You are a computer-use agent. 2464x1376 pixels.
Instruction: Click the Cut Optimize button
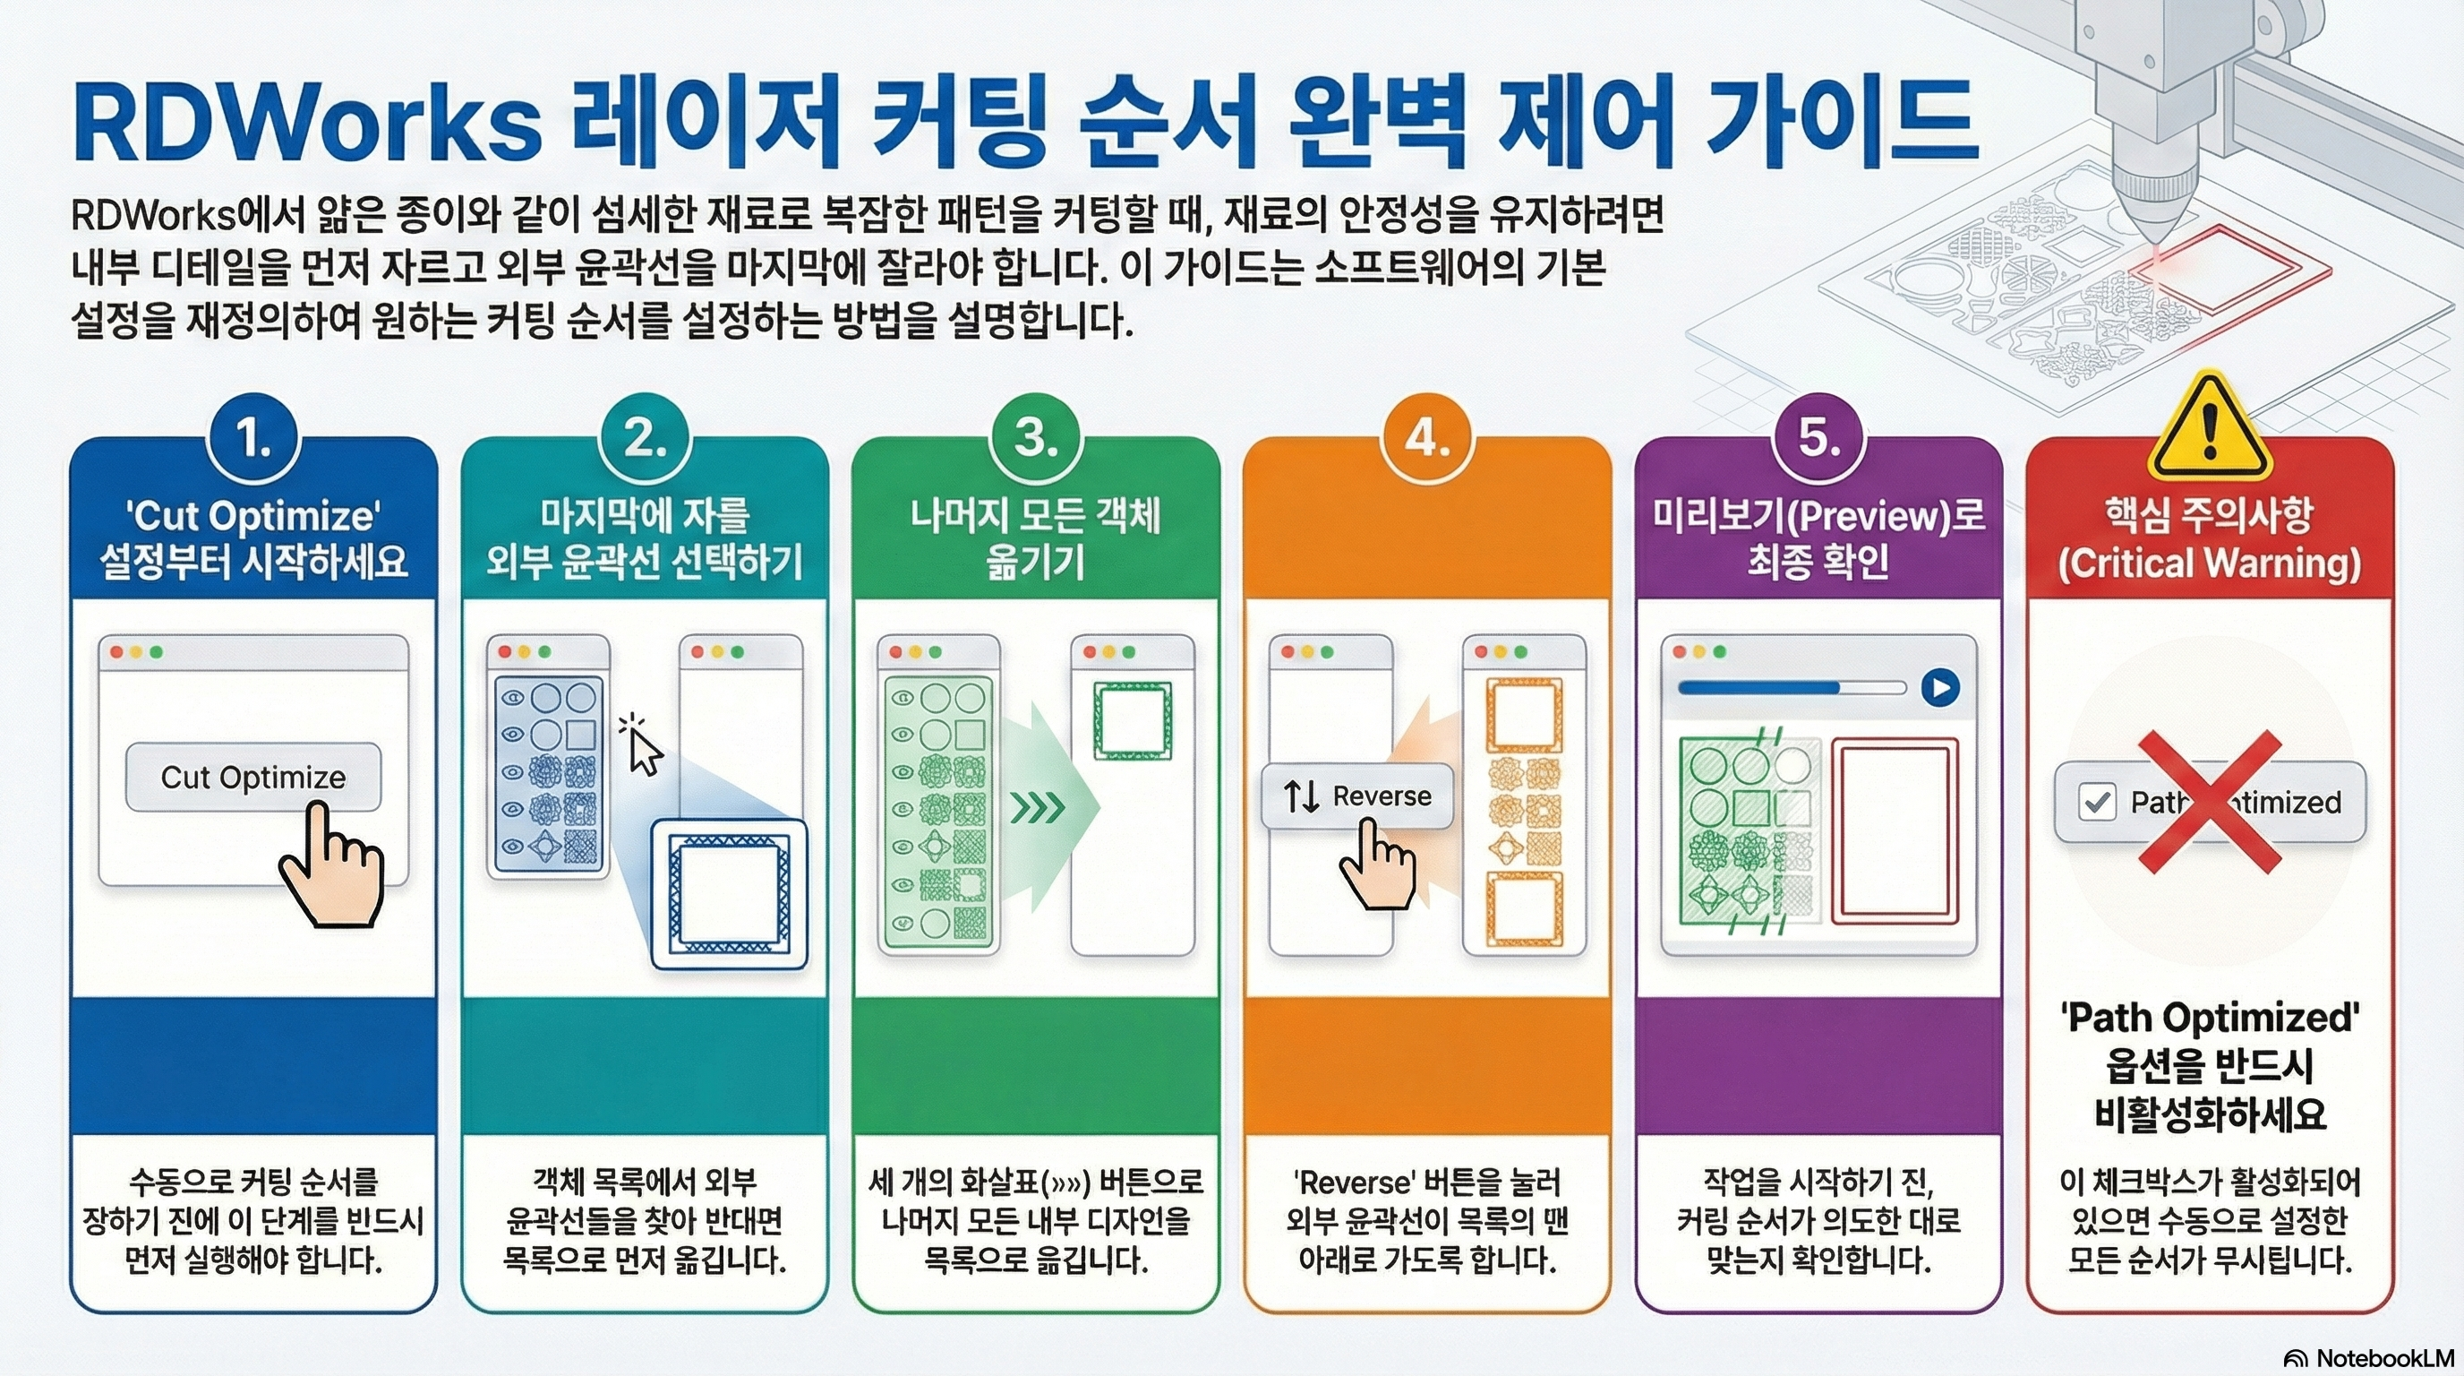253,777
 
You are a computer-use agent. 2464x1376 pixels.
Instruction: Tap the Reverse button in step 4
1357,795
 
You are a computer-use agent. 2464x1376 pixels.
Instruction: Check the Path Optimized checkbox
2097,802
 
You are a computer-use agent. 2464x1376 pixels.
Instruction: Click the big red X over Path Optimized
2210,802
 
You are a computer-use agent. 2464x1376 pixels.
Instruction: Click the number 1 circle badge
253,439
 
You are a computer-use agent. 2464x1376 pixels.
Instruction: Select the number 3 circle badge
1036,439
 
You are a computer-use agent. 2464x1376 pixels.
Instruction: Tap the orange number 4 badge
1427,439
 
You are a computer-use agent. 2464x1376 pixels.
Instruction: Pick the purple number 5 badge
1818,439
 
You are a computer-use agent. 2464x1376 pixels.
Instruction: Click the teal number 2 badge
645,439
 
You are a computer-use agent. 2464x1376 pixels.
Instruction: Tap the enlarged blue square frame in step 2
729,895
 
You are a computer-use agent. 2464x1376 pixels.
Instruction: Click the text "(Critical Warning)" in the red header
2210,563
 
